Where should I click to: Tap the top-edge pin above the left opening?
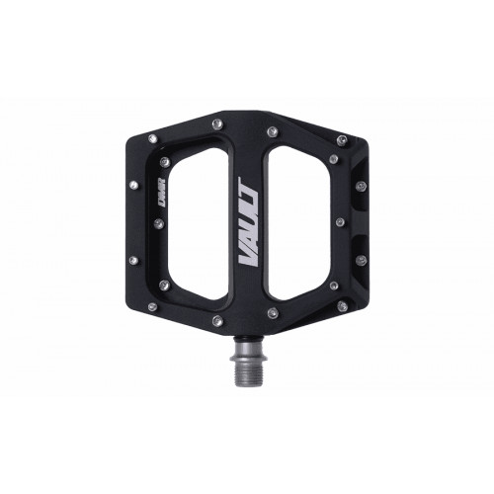tap(215, 122)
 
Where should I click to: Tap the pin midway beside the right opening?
tap(339, 221)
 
